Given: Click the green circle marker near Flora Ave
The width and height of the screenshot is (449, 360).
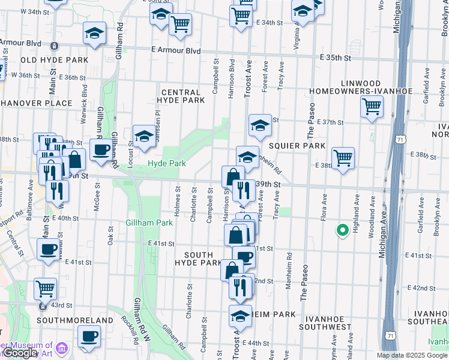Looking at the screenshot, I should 343,230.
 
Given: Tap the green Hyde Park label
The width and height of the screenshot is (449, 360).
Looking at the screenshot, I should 167,163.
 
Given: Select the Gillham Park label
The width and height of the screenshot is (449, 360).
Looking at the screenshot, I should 149,223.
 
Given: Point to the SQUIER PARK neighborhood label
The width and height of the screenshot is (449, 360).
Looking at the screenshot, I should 297,146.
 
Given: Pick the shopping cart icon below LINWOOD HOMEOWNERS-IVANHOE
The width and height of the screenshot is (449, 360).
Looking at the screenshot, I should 372,107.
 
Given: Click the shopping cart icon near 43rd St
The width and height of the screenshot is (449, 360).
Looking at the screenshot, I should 46,289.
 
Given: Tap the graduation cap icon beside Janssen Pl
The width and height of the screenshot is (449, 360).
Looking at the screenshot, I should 144,137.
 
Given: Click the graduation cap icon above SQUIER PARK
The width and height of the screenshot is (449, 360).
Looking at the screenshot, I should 260,125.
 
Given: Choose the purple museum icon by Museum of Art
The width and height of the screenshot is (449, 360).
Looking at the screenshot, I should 62,347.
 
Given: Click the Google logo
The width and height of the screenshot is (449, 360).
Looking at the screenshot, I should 20,353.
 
